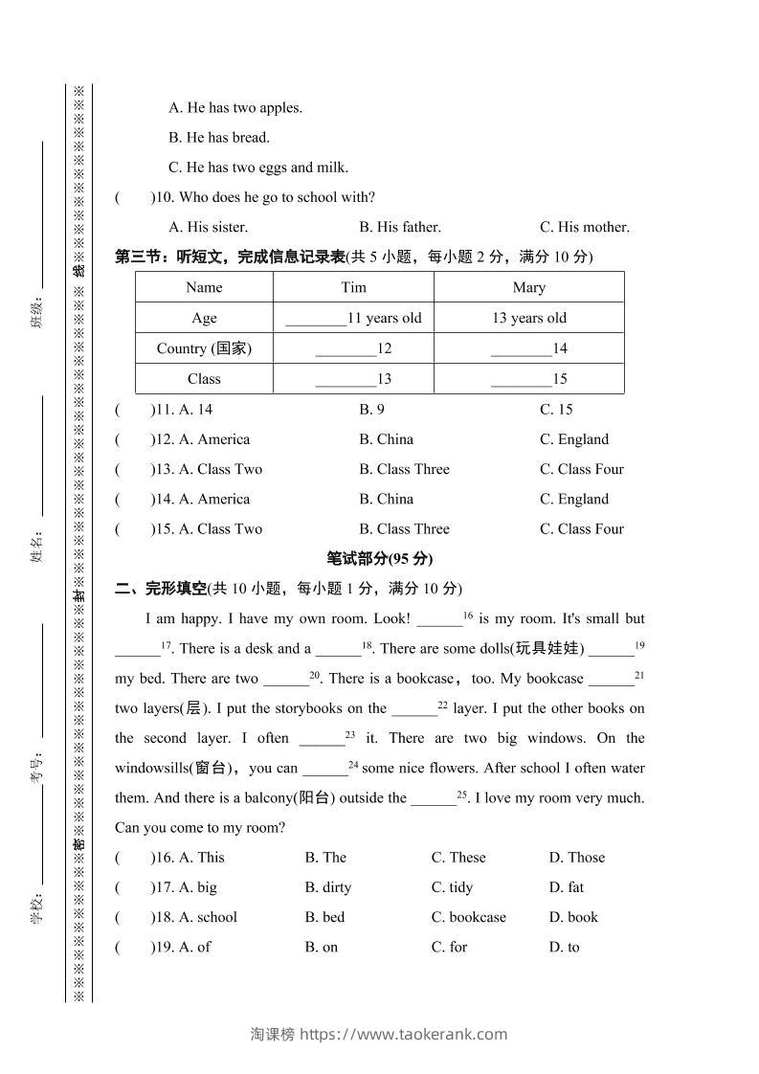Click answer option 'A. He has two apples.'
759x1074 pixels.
coord(234,108)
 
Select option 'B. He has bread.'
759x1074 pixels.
coord(218,138)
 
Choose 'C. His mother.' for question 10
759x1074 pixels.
coord(584,228)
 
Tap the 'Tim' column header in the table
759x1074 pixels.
coord(353,287)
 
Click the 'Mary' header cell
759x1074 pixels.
coord(528,287)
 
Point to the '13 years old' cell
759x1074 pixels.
coord(528,318)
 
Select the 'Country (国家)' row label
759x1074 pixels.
coord(204,348)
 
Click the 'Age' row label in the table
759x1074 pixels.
coord(204,318)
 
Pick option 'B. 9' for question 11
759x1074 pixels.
coord(371,410)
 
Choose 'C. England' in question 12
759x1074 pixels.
coord(573,439)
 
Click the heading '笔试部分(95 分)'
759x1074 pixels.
coord(379,559)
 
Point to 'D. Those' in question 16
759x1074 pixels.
coord(576,858)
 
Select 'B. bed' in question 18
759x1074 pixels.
coord(324,917)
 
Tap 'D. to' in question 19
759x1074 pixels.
coord(564,948)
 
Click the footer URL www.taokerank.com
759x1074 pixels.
coord(404,1034)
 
